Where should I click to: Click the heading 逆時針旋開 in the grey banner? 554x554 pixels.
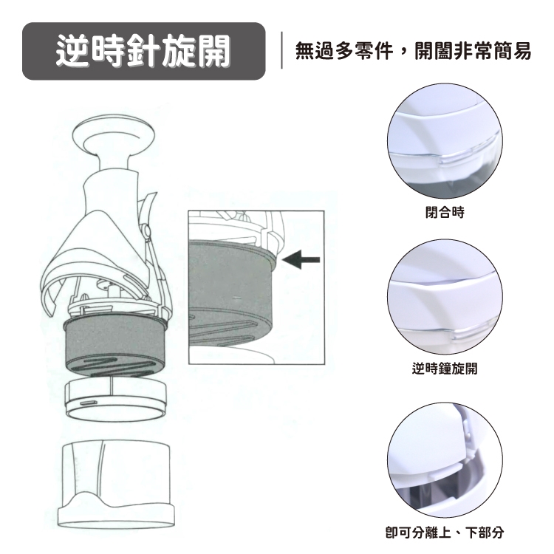pyautogui.click(x=143, y=51)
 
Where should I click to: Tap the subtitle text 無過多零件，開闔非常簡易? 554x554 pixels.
pyautogui.click(x=413, y=51)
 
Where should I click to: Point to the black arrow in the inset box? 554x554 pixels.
pyautogui.click(x=301, y=260)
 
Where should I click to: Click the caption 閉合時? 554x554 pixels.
pyautogui.click(x=445, y=212)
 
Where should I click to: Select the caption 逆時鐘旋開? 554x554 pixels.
pyautogui.click(x=445, y=368)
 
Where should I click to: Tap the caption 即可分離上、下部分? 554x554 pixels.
pyautogui.click(x=445, y=532)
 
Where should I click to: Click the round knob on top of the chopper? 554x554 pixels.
pyautogui.click(x=114, y=134)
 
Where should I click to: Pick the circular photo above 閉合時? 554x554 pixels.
pyautogui.click(x=445, y=140)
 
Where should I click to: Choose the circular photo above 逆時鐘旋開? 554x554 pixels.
pyautogui.click(x=445, y=297)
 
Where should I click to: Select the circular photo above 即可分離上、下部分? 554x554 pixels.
pyautogui.click(x=445, y=460)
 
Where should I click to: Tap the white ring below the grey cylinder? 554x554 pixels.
pyautogui.click(x=115, y=399)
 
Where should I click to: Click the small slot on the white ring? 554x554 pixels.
pyautogui.click(x=87, y=403)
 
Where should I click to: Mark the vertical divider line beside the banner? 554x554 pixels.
pyautogui.click(x=281, y=50)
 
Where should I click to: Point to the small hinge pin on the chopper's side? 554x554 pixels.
pyautogui.click(x=146, y=230)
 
